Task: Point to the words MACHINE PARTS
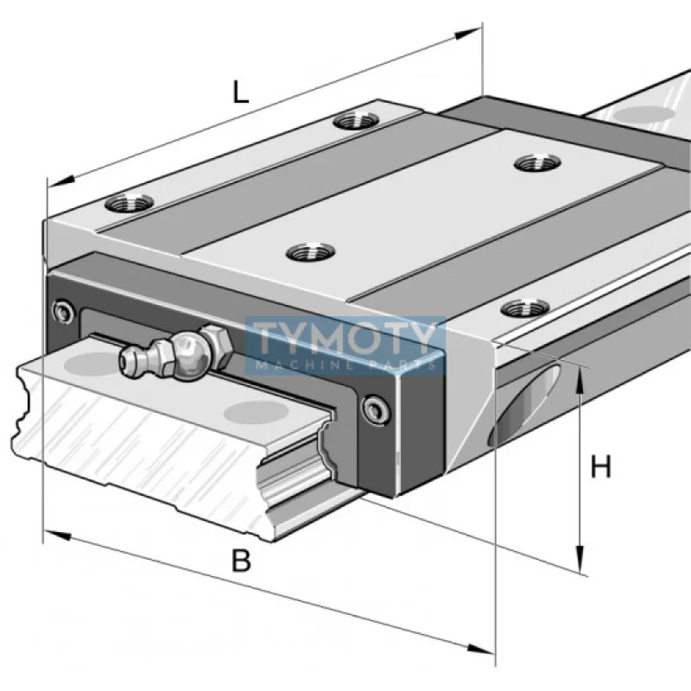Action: click(x=345, y=365)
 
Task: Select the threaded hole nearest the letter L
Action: click(x=352, y=119)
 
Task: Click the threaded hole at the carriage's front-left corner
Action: click(x=129, y=204)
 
